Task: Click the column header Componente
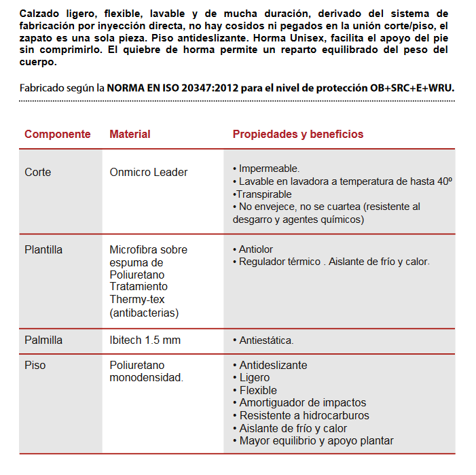pos(58,134)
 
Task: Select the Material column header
pos(130,134)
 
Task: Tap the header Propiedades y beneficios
pos(298,134)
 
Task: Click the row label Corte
pos(38,173)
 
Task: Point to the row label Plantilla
pos(43,250)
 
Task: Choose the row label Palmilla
pos(43,340)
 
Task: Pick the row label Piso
pos(35,366)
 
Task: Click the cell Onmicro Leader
pos(149,173)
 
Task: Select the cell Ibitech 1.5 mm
pos(145,340)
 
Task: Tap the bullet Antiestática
pos(266,340)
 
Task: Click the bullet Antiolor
pos(256,250)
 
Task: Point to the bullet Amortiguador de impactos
pos(302,403)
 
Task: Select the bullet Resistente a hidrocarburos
pos(304,416)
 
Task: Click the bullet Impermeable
pos(269,169)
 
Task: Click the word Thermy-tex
pos(137,300)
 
